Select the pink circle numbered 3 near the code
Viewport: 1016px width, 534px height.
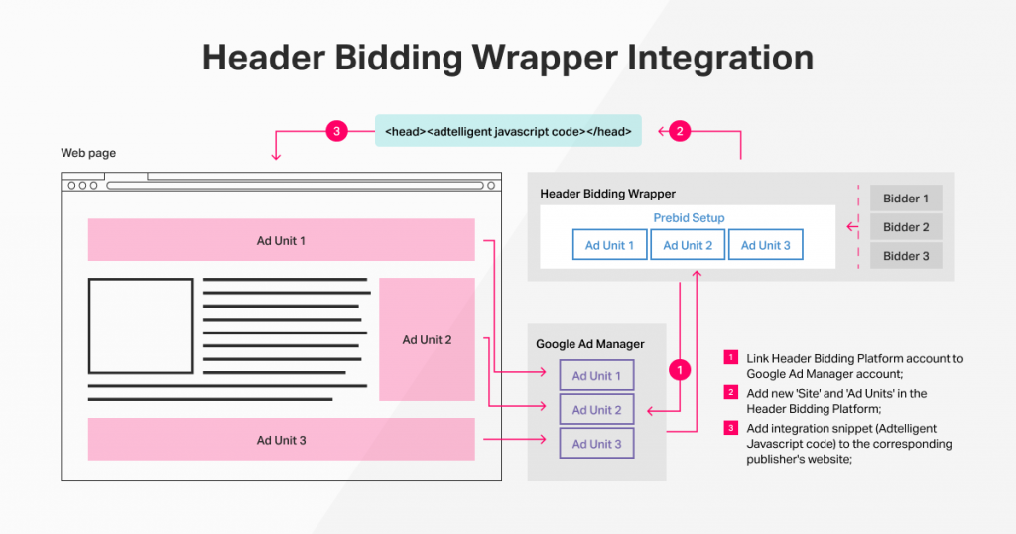coord(337,131)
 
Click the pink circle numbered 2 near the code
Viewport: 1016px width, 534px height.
coord(679,131)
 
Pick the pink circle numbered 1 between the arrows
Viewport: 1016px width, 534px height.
coord(680,370)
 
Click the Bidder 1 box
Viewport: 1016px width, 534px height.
coord(906,199)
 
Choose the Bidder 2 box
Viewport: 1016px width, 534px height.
coord(906,227)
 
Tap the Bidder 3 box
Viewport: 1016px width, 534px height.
coord(906,256)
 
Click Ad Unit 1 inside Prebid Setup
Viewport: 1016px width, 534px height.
coord(610,245)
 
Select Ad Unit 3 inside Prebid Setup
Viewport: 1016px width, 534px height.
coord(766,245)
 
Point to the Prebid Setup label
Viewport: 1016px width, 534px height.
coord(689,218)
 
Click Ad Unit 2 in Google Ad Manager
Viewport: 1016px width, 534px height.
coord(597,410)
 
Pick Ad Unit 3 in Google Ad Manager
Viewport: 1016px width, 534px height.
coord(597,444)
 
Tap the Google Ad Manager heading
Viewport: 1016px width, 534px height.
coord(590,344)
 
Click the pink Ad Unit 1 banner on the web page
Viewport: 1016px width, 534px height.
coord(281,240)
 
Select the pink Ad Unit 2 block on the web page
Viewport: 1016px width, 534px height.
coord(427,339)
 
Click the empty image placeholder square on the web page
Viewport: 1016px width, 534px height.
coord(141,326)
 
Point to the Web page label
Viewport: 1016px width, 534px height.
coord(88,153)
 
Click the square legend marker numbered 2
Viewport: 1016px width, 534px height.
coord(731,393)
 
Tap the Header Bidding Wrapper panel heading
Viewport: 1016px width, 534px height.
coord(607,193)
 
